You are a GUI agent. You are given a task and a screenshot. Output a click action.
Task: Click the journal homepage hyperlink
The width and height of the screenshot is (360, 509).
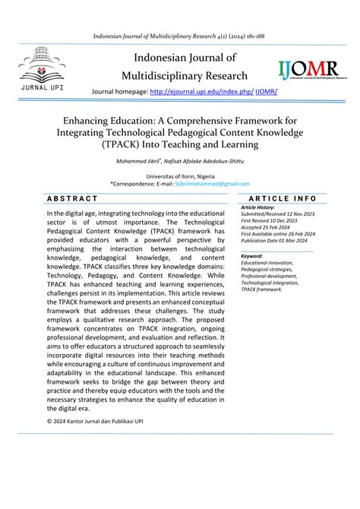pos(214,91)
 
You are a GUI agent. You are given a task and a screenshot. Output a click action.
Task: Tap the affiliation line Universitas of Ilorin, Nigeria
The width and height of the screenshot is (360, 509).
pos(180,175)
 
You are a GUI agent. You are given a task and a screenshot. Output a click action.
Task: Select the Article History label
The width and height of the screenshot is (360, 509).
pos(257,207)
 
